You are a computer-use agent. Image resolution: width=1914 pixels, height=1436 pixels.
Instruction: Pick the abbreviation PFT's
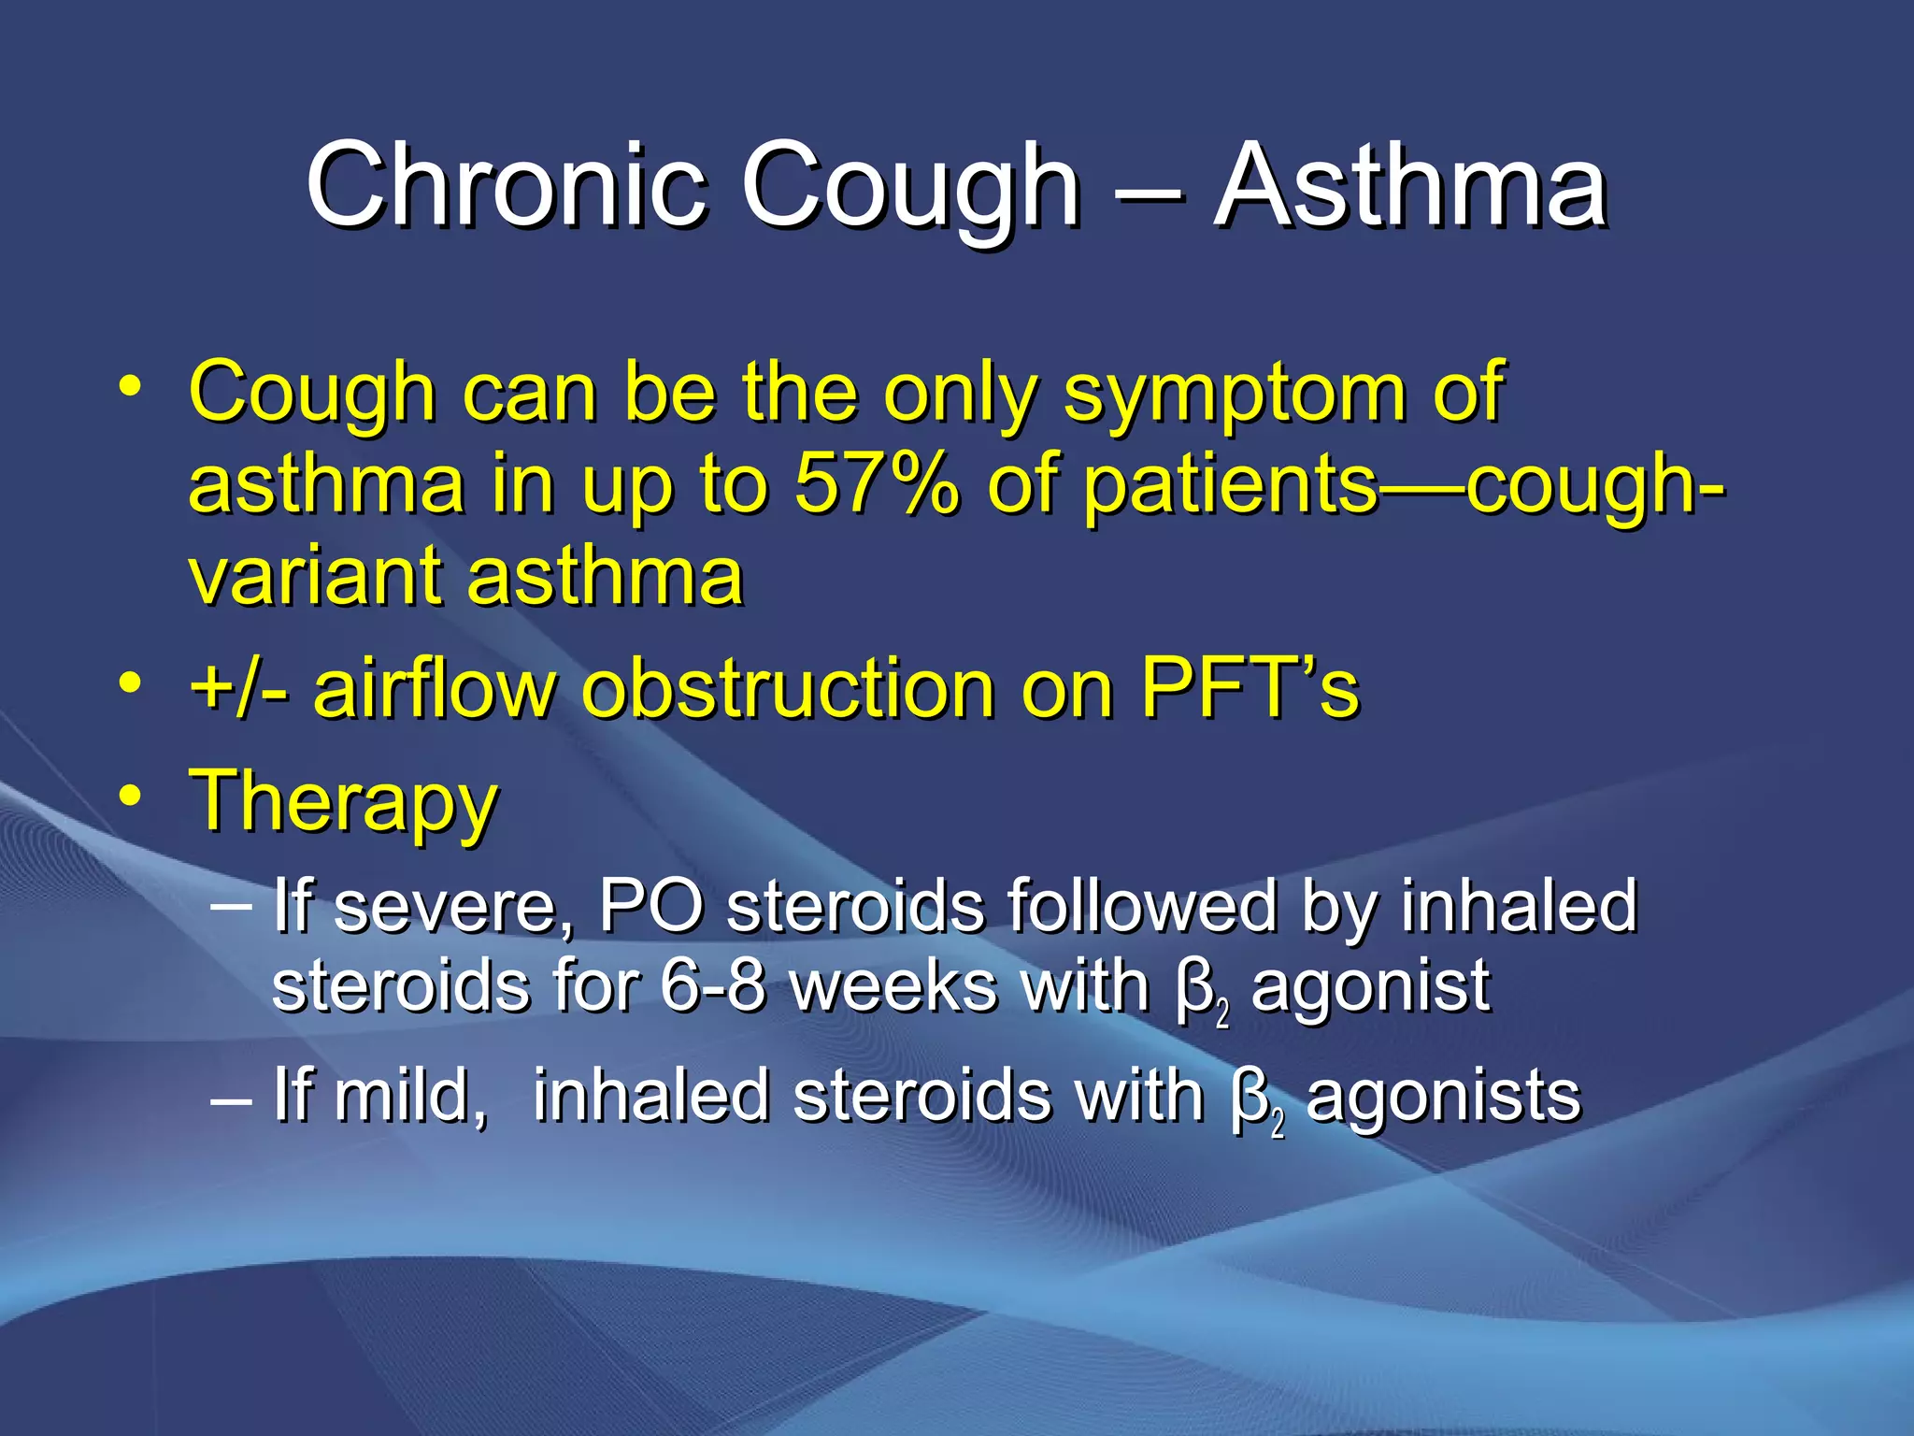(1250, 688)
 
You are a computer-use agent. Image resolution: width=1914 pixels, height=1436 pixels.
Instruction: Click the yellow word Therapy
(344, 802)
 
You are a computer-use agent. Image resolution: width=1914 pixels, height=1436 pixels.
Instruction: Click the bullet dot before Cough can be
(130, 385)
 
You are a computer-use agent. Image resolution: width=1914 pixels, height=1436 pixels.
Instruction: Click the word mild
(411, 1096)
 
